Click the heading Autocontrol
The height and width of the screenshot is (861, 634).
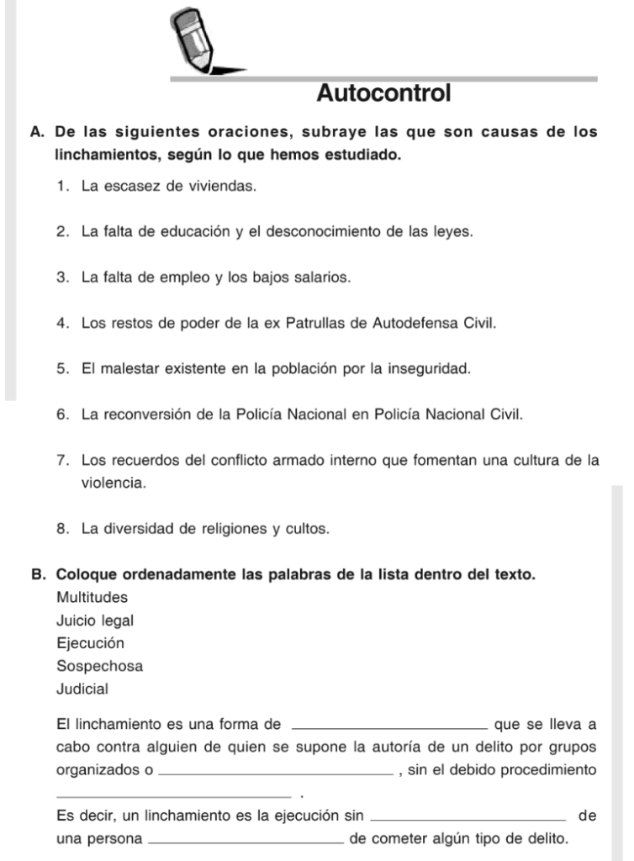tap(383, 93)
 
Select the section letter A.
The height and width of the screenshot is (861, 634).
tap(36, 133)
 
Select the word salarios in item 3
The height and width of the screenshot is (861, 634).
tap(320, 277)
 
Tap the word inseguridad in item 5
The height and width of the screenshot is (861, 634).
tap(433, 368)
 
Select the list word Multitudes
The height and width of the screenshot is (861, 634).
tap(92, 598)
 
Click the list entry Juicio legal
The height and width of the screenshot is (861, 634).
tap(94, 621)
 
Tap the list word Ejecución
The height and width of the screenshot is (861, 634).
tap(90, 643)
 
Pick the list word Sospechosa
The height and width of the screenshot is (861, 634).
tap(99, 666)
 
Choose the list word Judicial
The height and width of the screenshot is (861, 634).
tap(82, 689)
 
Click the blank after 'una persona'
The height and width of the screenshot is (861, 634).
tap(245, 839)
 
